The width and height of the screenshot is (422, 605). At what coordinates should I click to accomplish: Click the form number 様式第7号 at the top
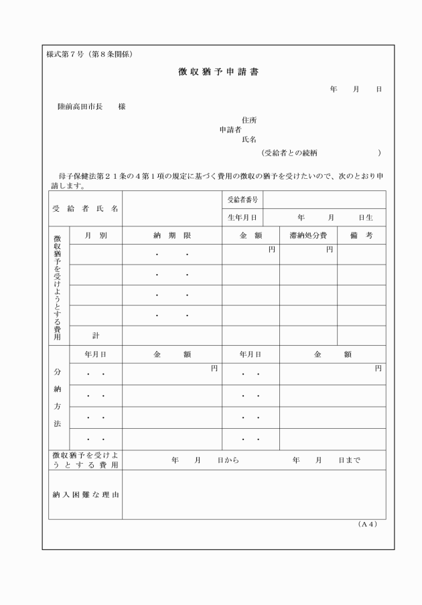(x=64, y=54)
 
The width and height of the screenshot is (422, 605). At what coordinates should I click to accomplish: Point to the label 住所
(x=249, y=120)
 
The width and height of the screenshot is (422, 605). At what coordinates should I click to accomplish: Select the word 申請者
(x=230, y=130)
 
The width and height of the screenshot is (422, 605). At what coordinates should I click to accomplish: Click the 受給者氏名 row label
(x=85, y=208)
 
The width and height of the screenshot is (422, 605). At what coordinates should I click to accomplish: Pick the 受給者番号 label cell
(x=242, y=200)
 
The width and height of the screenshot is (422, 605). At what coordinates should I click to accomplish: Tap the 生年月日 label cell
(x=242, y=218)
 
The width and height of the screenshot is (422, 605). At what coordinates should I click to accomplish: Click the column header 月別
(x=96, y=236)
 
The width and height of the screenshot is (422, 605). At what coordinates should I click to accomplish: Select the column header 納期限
(x=172, y=236)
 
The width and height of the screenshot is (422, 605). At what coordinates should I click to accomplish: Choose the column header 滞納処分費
(x=308, y=236)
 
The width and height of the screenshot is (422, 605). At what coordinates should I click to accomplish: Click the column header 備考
(x=361, y=236)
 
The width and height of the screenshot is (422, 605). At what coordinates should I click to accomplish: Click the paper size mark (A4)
(x=368, y=524)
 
